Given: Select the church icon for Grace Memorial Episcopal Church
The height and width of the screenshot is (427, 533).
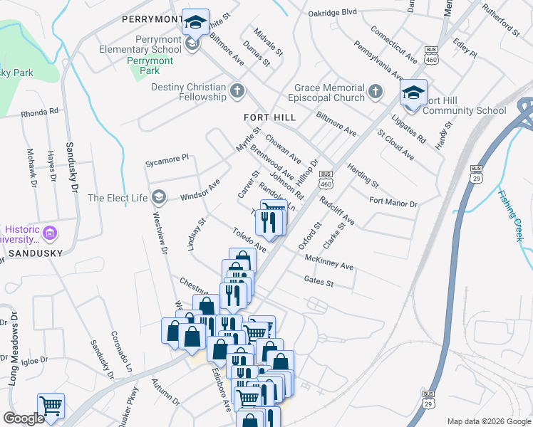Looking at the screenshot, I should point(376,93).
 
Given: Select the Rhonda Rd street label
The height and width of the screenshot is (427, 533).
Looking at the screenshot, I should point(39,112).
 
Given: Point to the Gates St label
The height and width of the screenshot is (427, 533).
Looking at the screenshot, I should point(319,282).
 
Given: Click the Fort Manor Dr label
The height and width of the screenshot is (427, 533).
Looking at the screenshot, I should point(393,202).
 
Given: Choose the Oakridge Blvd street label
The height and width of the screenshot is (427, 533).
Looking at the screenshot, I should point(332,12).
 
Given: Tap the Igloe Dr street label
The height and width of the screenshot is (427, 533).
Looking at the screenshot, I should point(34,360).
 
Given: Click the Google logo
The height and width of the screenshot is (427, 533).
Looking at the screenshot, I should point(24,418).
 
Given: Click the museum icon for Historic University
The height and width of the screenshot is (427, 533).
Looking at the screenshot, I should point(50,233).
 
